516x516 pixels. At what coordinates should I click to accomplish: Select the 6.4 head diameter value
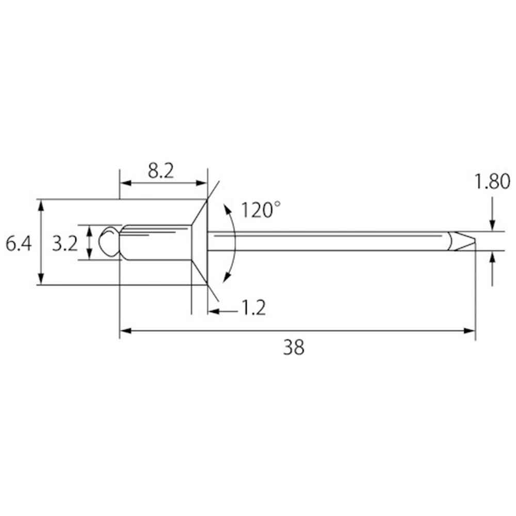point(19,244)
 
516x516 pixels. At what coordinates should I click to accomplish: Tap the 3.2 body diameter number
point(65,244)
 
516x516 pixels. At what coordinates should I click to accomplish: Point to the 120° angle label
point(261,210)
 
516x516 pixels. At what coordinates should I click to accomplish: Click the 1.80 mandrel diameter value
point(492,182)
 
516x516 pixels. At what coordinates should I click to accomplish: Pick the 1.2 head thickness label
point(254,308)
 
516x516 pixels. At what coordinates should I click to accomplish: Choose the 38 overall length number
point(294,347)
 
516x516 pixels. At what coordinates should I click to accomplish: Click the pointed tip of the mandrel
point(475,241)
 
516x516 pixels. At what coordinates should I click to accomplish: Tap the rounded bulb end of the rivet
point(108,241)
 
